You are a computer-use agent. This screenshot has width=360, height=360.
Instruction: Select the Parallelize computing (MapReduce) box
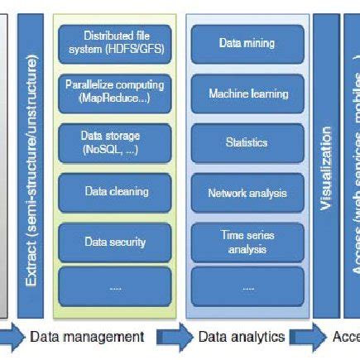click(115, 93)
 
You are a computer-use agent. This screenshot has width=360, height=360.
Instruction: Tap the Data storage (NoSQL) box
click(115, 142)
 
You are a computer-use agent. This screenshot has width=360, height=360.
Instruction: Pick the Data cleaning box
click(115, 192)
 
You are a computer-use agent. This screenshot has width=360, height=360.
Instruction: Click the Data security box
click(115, 242)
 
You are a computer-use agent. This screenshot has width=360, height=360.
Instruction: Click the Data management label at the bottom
click(87, 337)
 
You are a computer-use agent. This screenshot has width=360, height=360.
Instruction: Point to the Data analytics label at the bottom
click(241, 337)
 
